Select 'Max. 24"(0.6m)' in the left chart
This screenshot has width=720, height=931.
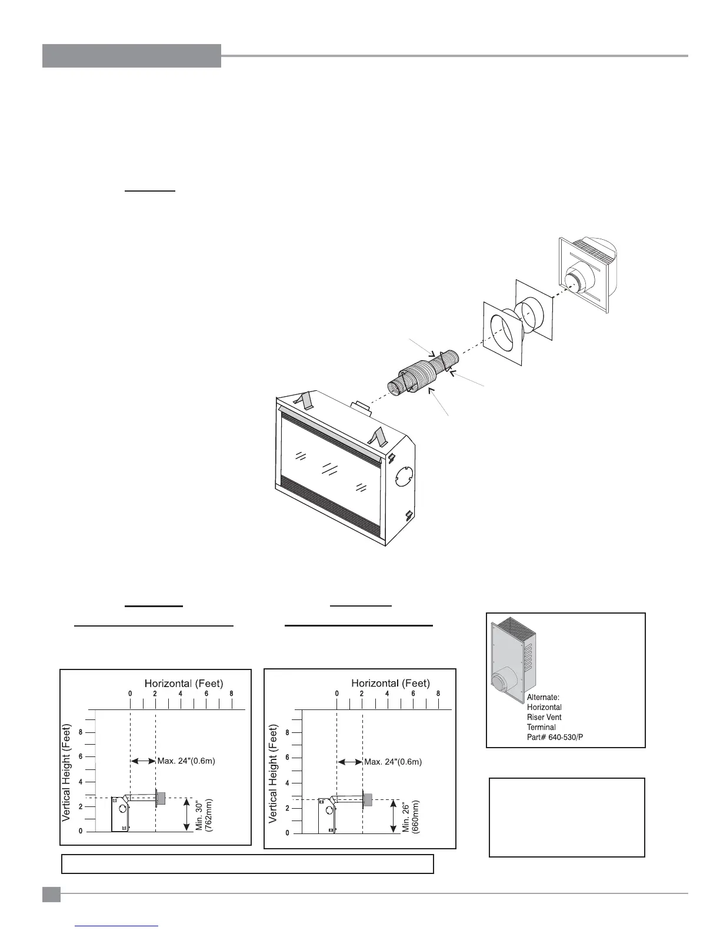click(x=186, y=761)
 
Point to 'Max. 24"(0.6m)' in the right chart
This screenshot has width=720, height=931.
click(x=393, y=762)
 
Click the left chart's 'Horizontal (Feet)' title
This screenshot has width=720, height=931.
click(x=184, y=683)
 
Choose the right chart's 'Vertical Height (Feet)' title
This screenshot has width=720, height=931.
click(x=274, y=773)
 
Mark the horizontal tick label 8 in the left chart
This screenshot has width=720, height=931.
click(x=232, y=694)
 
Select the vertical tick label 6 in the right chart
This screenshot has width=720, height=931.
click(x=288, y=758)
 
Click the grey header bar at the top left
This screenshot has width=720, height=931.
click(x=131, y=56)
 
